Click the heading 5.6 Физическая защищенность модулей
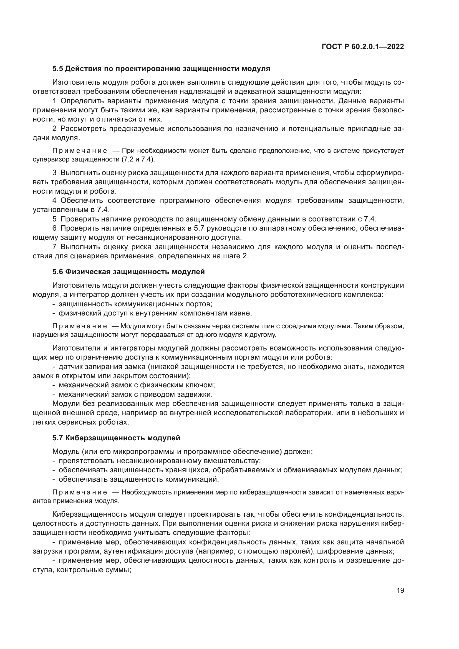128,272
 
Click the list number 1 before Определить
55,101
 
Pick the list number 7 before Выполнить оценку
55,247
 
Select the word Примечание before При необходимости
79,151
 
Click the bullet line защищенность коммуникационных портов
135,304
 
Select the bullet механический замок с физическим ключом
137,385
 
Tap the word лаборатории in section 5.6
304,413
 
